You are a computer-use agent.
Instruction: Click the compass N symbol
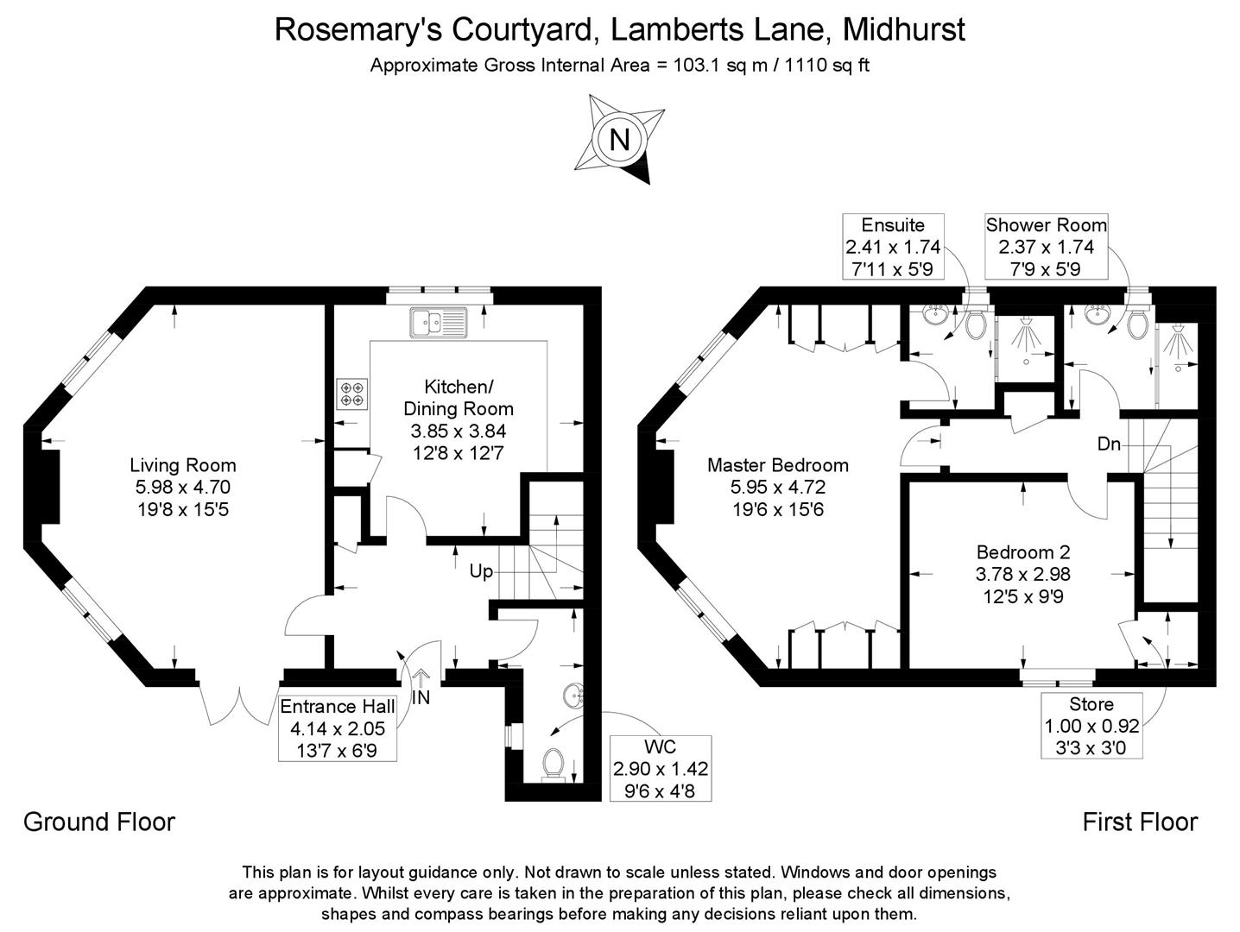619,139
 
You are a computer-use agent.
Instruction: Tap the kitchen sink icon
438,322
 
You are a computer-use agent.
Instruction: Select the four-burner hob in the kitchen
351,394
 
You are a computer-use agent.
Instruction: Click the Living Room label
182,465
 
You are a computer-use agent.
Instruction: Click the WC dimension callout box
661,768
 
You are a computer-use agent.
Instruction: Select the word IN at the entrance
421,697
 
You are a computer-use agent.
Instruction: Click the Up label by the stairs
481,571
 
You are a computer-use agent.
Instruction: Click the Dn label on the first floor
1109,444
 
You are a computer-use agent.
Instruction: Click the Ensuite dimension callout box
893,247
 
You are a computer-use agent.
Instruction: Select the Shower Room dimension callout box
1046,247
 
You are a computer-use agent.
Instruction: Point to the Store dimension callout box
1091,725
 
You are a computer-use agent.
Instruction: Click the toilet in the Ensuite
976,324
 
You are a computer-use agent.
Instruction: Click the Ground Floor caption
99,822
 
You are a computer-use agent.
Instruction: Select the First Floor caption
1140,822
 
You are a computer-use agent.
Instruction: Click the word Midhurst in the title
903,29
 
